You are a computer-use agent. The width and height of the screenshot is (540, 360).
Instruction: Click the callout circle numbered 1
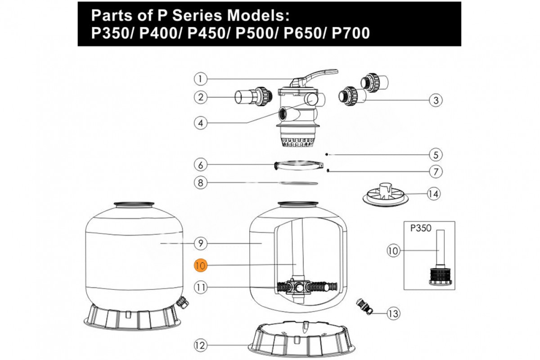[201, 79]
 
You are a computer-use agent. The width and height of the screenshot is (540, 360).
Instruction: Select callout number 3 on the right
[435, 100]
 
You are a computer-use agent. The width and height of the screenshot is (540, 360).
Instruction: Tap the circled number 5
[435, 155]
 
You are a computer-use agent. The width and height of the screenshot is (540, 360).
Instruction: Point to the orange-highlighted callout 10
[201, 265]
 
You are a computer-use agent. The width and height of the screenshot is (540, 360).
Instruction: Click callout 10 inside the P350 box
[394, 251]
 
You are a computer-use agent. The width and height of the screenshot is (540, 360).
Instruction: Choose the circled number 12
[201, 346]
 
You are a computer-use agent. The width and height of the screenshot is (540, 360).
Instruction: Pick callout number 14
[433, 194]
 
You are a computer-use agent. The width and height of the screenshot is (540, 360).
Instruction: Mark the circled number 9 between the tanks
[201, 243]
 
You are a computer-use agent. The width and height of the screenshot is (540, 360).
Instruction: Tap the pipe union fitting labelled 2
[254, 97]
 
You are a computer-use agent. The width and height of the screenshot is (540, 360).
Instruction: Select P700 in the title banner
[350, 34]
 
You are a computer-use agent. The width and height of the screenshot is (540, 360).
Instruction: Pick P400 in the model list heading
[158, 34]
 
